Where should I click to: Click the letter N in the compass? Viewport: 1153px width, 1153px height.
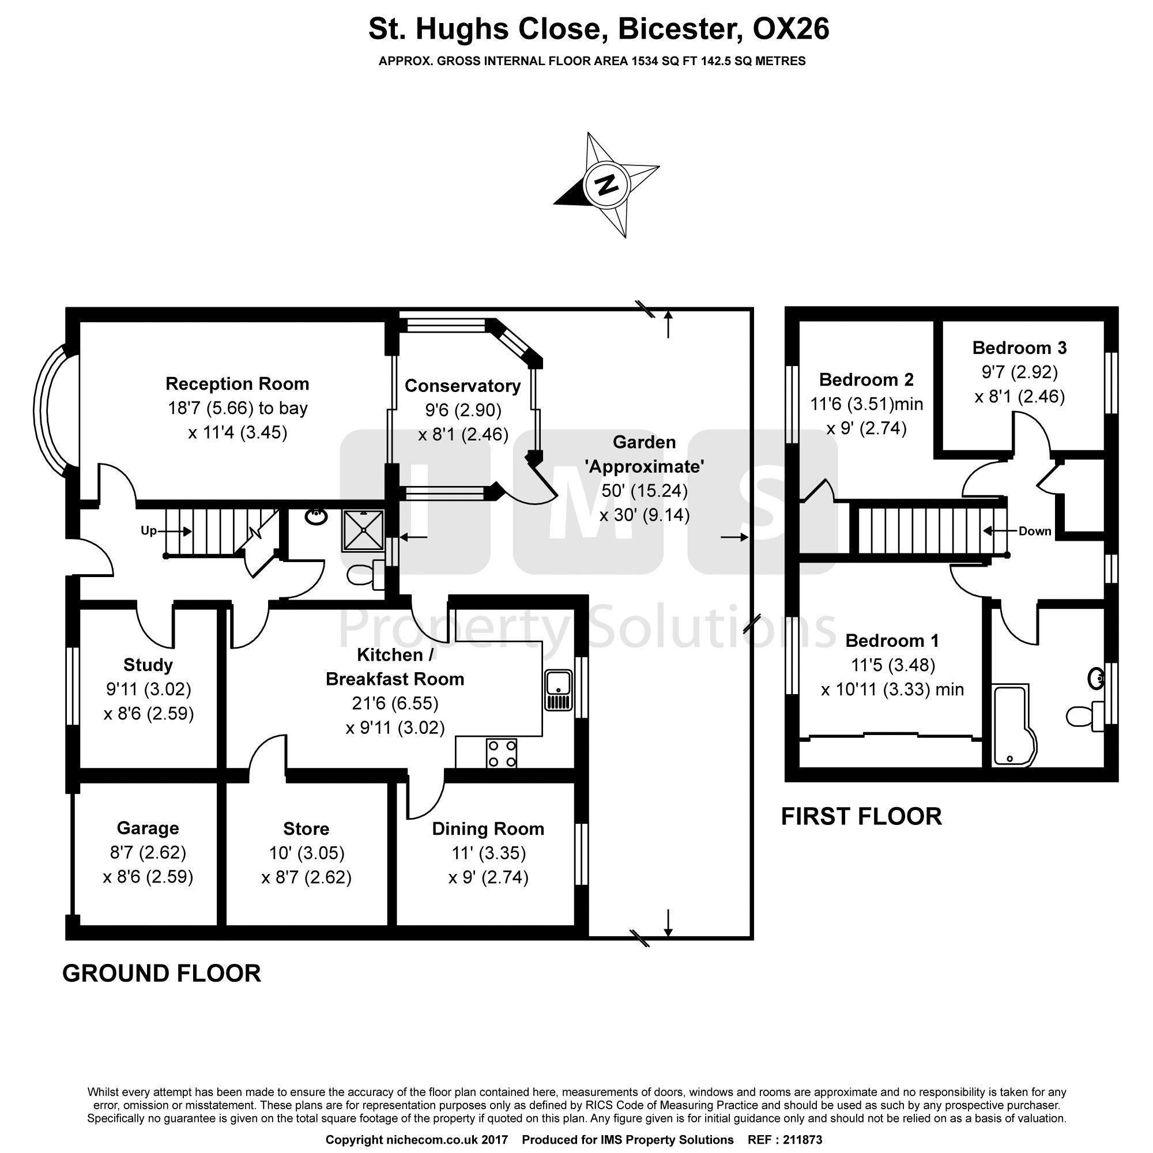(x=607, y=184)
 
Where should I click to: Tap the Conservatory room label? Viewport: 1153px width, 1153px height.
(x=462, y=386)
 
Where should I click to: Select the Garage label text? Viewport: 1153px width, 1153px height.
(x=148, y=828)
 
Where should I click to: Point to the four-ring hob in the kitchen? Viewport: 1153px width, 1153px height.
(x=502, y=753)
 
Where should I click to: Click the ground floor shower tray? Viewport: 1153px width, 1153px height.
(x=362, y=530)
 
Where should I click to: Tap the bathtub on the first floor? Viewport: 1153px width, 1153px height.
(x=1014, y=726)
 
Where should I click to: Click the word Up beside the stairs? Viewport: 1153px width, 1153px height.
(x=149, y=530)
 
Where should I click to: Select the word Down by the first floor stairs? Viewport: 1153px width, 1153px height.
(x=1035, y=531)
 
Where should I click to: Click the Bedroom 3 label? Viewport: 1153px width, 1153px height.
(x=1019, y=347)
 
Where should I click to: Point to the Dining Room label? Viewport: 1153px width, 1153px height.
(x=488, y=828)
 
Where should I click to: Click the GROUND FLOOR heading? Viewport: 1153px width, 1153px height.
(x=162, y=973)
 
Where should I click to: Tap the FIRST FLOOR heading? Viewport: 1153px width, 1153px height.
(x=861, y=816)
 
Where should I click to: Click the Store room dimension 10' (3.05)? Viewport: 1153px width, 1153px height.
(x=307, y=853)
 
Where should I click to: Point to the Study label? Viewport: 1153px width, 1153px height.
(x=148, y=665)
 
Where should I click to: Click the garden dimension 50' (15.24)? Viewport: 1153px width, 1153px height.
(x=645, y=491)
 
